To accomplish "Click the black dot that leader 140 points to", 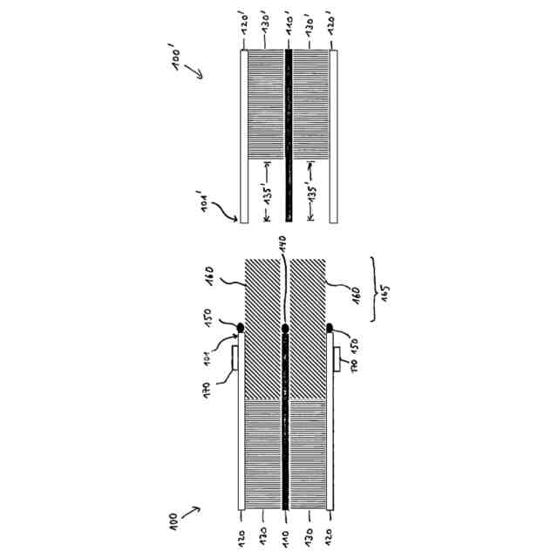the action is point(287,329).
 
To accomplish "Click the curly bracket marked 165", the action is point(371,288).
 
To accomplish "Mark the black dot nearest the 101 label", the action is point(242,327).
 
